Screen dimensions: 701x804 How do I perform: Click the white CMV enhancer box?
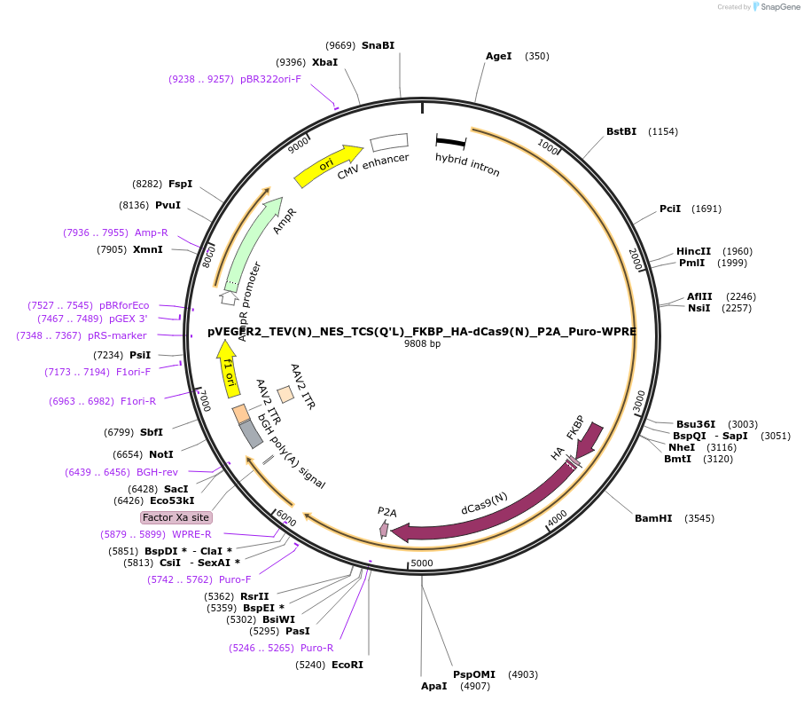point(388,141)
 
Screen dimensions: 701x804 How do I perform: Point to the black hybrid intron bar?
point(451,141)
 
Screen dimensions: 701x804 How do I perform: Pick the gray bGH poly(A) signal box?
point(251,433)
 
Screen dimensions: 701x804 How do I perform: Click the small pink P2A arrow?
point(384,529)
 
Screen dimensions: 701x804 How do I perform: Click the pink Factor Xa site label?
point(176,517)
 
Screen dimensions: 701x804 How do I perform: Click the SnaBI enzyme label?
point(378,45)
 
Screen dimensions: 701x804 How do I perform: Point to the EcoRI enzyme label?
point(347,665)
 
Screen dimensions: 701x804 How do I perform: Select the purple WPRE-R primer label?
point(191,534)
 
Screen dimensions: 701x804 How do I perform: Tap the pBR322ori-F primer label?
point(270,79)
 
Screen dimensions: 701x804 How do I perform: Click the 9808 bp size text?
point(422,343)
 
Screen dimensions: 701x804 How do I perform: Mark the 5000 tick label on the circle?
point(422,563)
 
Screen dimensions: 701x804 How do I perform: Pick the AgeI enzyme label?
point(499,56)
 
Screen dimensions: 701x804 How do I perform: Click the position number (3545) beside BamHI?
point(699,518)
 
